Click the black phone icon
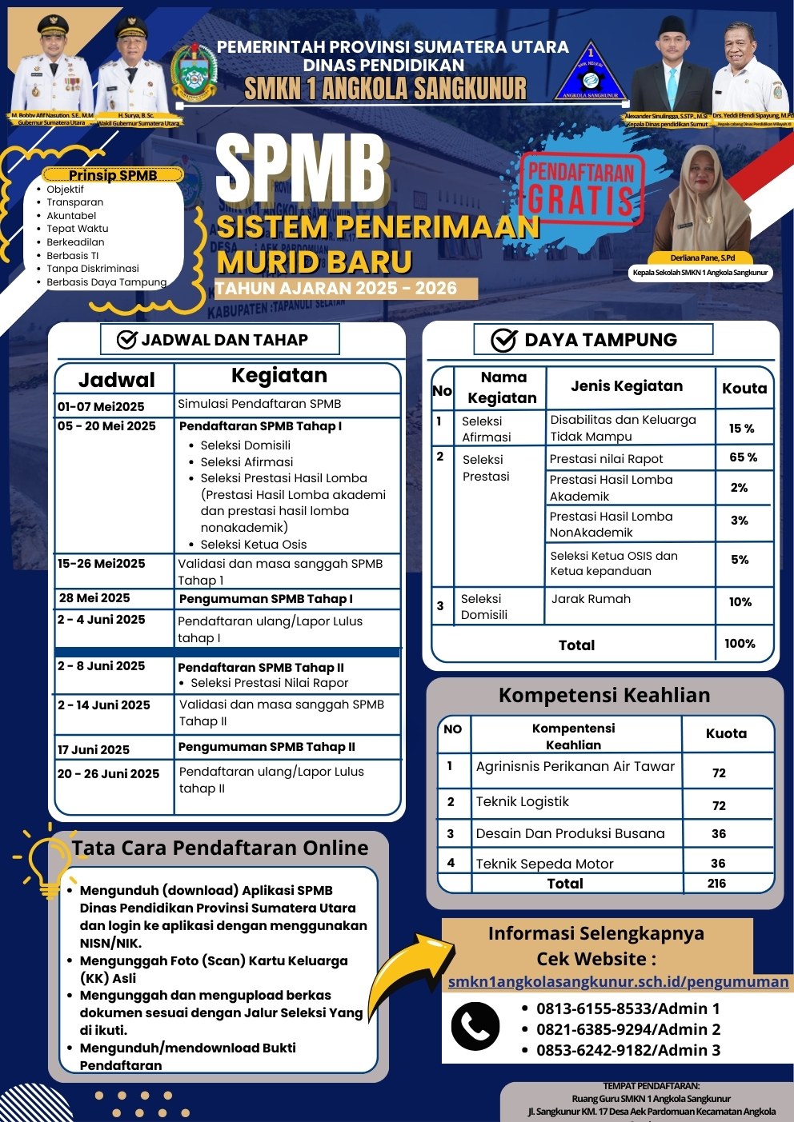(475, 1026)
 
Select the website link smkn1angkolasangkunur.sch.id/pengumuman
(618, 981)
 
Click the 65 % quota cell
(743, 457)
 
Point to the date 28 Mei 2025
(94, 598)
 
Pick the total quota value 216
(716, 884)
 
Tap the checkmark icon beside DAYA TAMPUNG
(503, 340)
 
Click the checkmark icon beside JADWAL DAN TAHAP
(127, 340)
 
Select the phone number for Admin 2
(628, 1029)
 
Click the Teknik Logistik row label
(523, 802)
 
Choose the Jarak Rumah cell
(591, 599)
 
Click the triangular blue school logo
(591, 72)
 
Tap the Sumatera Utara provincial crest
(194, 74)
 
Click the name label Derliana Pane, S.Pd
(702, 258)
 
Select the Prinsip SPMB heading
(113, 175)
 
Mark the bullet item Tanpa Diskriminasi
(93, 269)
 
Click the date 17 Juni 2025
(94, 749)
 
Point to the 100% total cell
(740, 644)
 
